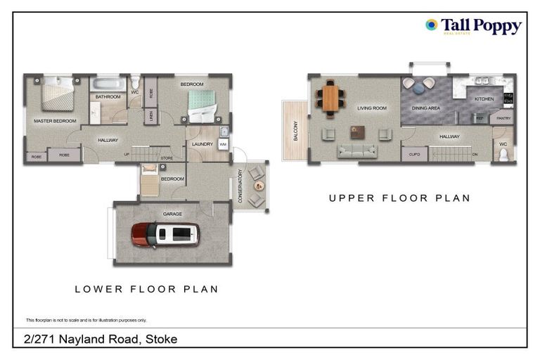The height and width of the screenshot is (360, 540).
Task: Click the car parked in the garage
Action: click(x=165, y=235)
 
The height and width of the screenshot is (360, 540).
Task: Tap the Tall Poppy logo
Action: click(x=473, y=27)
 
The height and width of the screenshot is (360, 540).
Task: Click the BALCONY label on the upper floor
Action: click(x=296, y=131)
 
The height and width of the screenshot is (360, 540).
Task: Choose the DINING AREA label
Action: click(x=425, y=108)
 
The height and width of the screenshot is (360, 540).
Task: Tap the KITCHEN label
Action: click(x=484, y=99)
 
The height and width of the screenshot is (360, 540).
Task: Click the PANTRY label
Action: click(x=503, y=119)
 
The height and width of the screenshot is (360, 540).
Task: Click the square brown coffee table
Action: click(x=358, y=131)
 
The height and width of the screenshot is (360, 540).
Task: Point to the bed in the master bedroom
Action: click(x=57, y=95)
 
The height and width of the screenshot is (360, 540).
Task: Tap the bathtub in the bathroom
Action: click(x=108, y=84)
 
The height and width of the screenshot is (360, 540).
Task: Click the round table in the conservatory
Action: click(x=259, y=186)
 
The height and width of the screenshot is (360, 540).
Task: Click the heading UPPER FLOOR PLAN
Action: click(x=399, y=198)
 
